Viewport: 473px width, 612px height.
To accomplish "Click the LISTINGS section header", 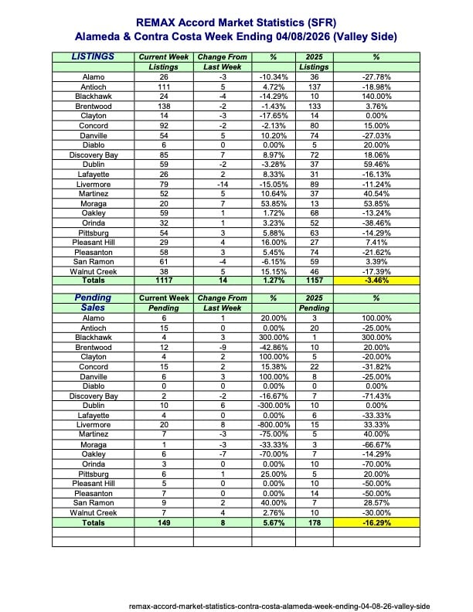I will point(93,56).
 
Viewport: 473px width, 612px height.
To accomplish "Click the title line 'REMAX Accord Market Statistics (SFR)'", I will point(236,24).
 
